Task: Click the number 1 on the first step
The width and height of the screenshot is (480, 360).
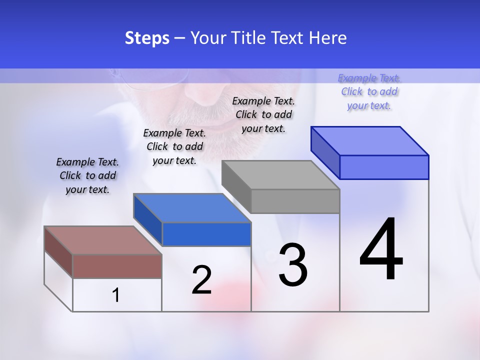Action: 116,295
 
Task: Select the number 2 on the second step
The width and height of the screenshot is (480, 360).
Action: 201,280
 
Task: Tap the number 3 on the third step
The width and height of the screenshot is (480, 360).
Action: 293,265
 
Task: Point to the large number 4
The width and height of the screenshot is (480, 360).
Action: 381,249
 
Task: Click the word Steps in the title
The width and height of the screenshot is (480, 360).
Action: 147,38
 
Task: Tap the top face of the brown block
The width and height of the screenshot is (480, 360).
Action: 102,240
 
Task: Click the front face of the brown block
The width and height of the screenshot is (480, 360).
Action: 117,266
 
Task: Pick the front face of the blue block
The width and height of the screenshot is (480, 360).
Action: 206,234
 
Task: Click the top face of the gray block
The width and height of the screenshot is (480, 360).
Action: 280,175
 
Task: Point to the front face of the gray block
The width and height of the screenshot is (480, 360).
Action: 295,201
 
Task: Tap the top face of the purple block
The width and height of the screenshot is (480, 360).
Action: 369,141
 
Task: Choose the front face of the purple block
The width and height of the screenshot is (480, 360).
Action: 384,167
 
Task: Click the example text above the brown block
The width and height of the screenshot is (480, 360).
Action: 87,176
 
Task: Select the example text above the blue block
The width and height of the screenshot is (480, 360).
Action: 174,147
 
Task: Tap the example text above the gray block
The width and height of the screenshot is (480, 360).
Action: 263,114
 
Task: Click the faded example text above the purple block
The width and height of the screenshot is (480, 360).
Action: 369,92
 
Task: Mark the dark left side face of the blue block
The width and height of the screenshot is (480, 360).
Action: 148,219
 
